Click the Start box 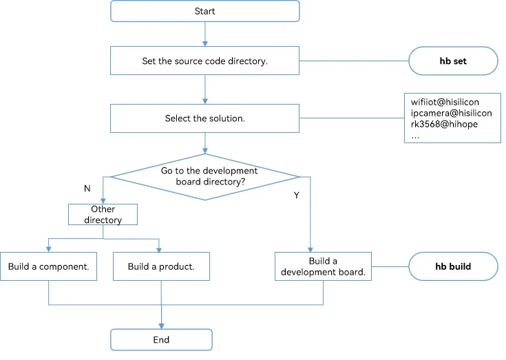205,11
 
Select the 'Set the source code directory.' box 205,61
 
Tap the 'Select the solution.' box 205,118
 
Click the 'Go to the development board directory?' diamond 205,177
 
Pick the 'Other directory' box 103,214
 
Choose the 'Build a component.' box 48,266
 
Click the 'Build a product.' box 161,266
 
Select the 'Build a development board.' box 323,266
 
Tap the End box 161,339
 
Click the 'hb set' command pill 454,61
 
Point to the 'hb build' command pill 454,266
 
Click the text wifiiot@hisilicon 445,103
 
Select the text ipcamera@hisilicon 451,113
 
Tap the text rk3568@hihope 444,124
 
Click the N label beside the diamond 87,189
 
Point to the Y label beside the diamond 297,195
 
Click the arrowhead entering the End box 161,326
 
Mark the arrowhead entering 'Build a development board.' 310,250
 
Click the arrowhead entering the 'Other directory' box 103,201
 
